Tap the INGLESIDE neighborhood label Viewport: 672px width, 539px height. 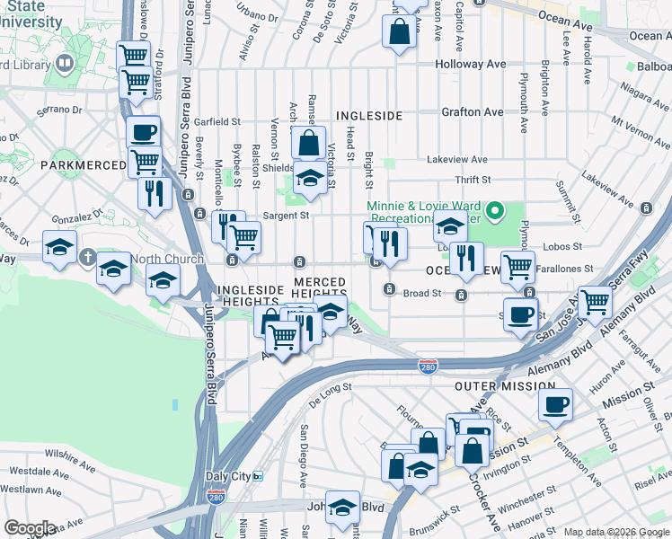point(368,116)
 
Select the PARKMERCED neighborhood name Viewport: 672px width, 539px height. point(84,165)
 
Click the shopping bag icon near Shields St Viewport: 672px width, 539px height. point(308,142)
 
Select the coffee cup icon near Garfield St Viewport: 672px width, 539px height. point(143,133)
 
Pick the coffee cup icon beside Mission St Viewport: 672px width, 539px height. point(555,403)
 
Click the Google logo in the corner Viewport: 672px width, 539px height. point(30,528)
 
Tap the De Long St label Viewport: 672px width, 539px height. point(330,388)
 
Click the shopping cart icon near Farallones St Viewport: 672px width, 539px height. point(518,267)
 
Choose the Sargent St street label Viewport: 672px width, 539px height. point(286,216)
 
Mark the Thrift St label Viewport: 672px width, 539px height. point(473,180)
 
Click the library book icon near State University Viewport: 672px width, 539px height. point(65,63)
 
